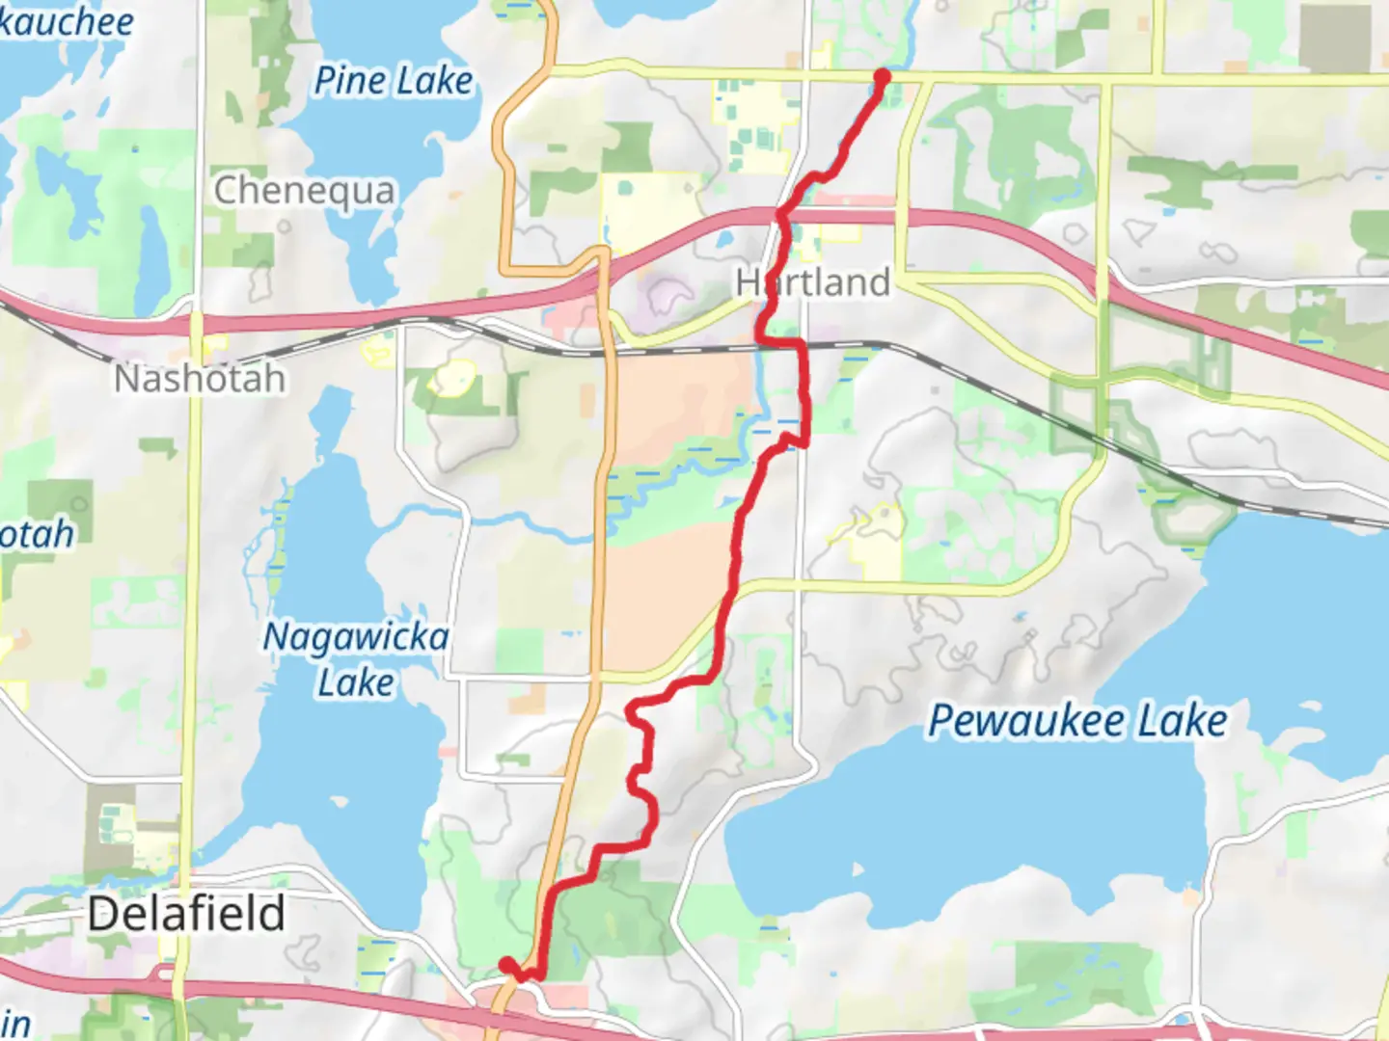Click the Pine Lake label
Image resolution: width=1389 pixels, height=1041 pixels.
(394, 81)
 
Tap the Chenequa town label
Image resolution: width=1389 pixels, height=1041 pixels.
(304, 191)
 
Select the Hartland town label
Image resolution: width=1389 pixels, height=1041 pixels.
(812, 282)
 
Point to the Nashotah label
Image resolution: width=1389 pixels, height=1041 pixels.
(200, 379)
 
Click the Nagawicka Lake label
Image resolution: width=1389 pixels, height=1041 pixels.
(356, 659)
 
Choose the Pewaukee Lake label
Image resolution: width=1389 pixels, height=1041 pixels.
(1077, 721)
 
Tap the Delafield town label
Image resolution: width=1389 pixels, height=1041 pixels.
(186, 913)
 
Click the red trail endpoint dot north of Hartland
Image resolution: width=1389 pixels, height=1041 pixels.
(882, 76)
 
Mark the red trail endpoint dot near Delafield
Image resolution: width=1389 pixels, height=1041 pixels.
(506, 965)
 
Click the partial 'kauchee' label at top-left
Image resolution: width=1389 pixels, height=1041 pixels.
(66, 21)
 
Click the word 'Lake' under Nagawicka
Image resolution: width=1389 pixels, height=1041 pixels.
(356, 683)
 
